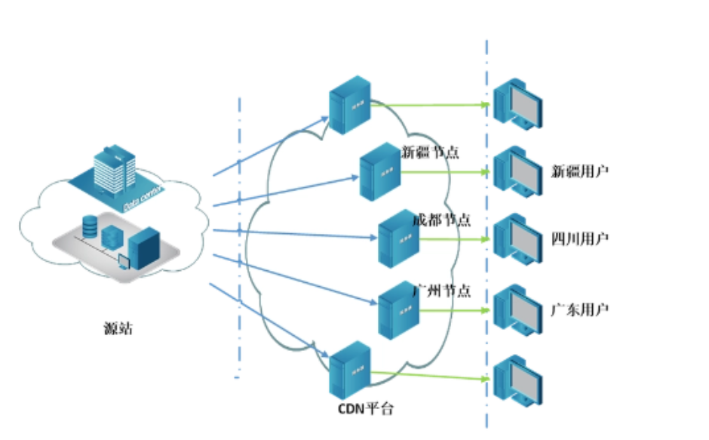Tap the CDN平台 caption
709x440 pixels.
click(x=365, y=410)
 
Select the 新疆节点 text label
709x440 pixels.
click(x=431, y=152)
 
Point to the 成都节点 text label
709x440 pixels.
click(x=442, y=220)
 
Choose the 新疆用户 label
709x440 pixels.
click(x=580, y=171)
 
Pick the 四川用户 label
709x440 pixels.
click(x=580, y=240)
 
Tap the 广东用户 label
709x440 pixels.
click(x=580, y=309)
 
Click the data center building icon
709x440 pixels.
click(x=114, y=171)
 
